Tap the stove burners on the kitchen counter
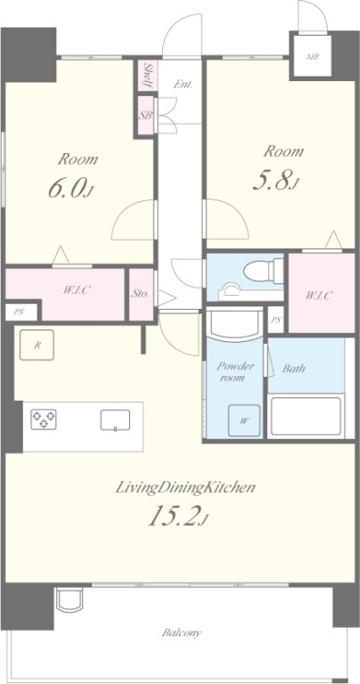click(x=43, y=419)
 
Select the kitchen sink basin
click(x=115, y=420)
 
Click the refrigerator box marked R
click(x=37, y=345)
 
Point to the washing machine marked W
click(x=244, y=420)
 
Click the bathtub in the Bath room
click(x=306, y=416)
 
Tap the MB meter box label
click(x=312, y=56)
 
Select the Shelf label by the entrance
click(x=148, y=76)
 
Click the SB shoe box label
click(x=145, y=116)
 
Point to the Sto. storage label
click(x=141, y=293)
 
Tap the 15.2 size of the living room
click(x=177, y=517)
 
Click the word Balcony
click(x=182, y=632)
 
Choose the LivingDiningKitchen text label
click(x=185, y=487)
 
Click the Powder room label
click(x=234, y=372)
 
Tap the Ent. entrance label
click(x=183, y=85)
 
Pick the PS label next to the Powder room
click(x=275, y=320)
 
